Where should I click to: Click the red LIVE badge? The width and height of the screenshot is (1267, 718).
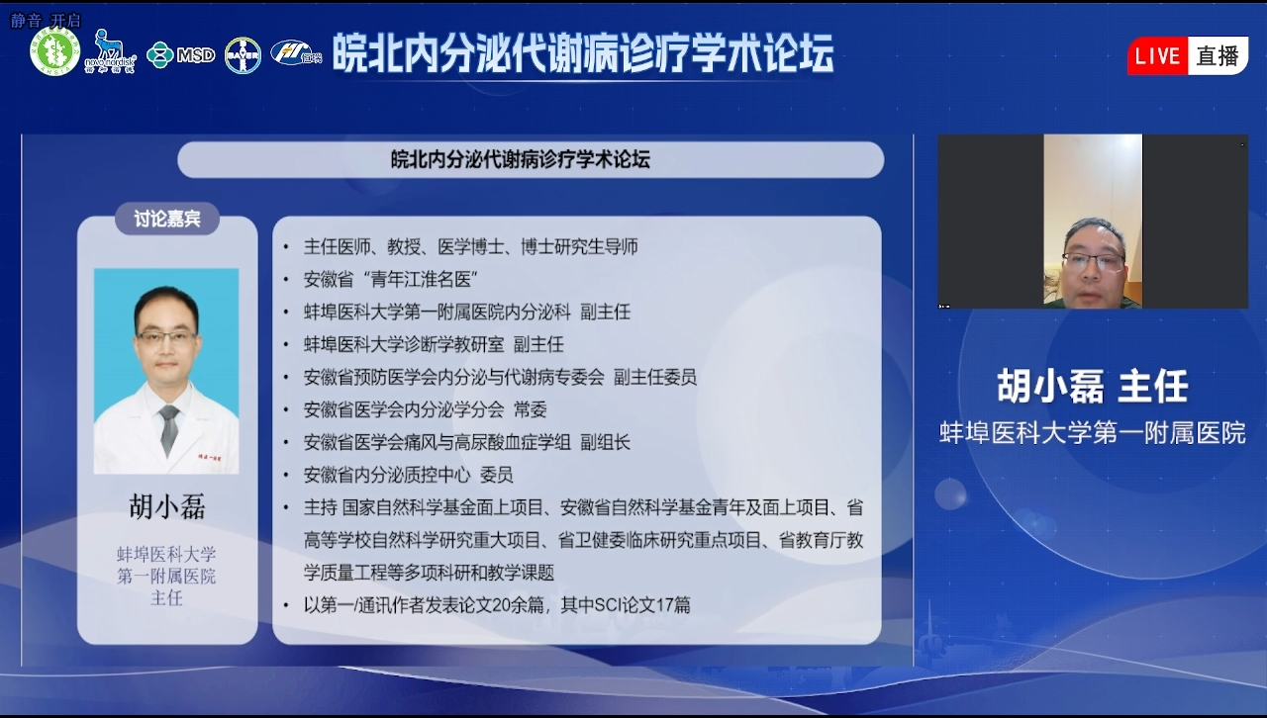pos(1157,56)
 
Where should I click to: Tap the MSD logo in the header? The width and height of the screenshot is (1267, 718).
pos(181,54)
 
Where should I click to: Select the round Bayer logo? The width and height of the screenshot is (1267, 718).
pos(243,55)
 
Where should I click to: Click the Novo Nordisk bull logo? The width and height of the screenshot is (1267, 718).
pos(110,50)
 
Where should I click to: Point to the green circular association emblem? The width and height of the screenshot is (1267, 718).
pos(54,51)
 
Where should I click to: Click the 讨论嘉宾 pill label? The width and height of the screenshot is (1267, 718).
pos(167,219)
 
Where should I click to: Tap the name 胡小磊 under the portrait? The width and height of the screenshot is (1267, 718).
pos(167,506)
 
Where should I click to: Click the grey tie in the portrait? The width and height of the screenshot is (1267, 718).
pos(168,429)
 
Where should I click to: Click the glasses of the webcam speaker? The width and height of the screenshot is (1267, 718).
pos(1093,261)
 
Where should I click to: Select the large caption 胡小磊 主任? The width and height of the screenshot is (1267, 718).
pos(1092,386)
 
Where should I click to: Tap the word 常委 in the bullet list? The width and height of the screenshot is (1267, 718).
pos(530,409)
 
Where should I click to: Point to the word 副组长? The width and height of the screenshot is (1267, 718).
pos(605,442)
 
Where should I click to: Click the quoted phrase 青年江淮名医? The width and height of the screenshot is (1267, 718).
pos(421,279)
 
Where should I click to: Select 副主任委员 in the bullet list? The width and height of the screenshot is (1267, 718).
pos(655,377)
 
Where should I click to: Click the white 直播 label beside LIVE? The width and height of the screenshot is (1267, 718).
pos(1218,56)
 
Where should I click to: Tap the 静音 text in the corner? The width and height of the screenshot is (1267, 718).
pos(26,21)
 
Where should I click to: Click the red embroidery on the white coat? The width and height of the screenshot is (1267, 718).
pos(209,457)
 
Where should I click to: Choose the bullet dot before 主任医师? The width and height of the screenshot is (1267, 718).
pos(286,247)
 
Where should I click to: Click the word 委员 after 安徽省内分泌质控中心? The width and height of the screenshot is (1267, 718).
pos(496,475)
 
